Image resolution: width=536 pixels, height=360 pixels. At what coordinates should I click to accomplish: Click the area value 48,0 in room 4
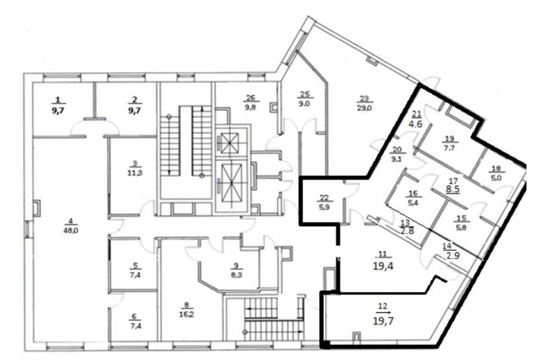coord(71,230)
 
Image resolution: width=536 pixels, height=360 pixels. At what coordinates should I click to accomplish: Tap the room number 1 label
coord(58,100)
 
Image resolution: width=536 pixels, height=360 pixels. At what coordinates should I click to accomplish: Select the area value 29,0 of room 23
coord(364,108)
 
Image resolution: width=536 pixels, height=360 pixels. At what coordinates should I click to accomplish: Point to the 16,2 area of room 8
coord(186,314)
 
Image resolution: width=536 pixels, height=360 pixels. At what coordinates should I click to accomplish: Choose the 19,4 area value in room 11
coord(383,266)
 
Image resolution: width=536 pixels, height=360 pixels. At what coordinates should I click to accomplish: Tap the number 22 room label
coord(324,197)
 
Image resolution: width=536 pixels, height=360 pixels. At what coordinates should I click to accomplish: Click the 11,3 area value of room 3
coord(135,173)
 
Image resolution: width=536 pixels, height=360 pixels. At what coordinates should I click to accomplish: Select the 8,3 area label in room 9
coord(236,274)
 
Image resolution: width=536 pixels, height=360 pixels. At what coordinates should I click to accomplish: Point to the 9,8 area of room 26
coord(251,107)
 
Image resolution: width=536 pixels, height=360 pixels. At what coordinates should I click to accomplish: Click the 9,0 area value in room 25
coord(304,103)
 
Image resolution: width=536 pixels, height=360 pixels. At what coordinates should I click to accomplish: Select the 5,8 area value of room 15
coord(461,227)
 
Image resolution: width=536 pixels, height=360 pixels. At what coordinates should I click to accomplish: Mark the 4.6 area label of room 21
coord(415,123)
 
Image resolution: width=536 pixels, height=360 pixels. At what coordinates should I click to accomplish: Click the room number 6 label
coord(133,316)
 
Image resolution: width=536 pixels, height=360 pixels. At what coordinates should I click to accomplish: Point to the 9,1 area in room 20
coord(397,159)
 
